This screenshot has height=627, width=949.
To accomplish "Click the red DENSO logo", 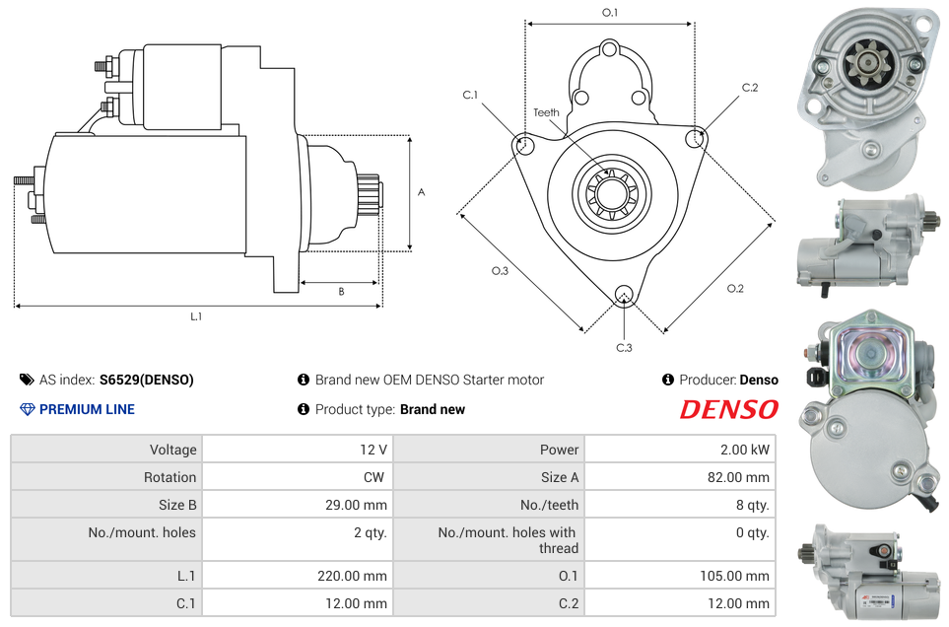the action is coord(728,410).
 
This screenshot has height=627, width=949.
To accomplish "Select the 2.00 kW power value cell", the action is coord(680,450).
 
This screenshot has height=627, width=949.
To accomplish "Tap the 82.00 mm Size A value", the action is coord(738,477).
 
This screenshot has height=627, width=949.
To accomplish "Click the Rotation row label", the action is coord(170,477).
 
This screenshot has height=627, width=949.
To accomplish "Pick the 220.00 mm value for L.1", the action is coord(352,576).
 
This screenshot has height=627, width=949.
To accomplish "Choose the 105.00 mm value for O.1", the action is coord(735,576).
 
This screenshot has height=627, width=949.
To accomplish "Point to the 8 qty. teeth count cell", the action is coord(680,505).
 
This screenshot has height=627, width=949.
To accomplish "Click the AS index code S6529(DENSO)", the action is coord(147,381).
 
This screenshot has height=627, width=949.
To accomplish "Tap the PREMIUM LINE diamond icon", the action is coord(28,410).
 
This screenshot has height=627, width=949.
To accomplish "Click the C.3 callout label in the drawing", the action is coord(624,348).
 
